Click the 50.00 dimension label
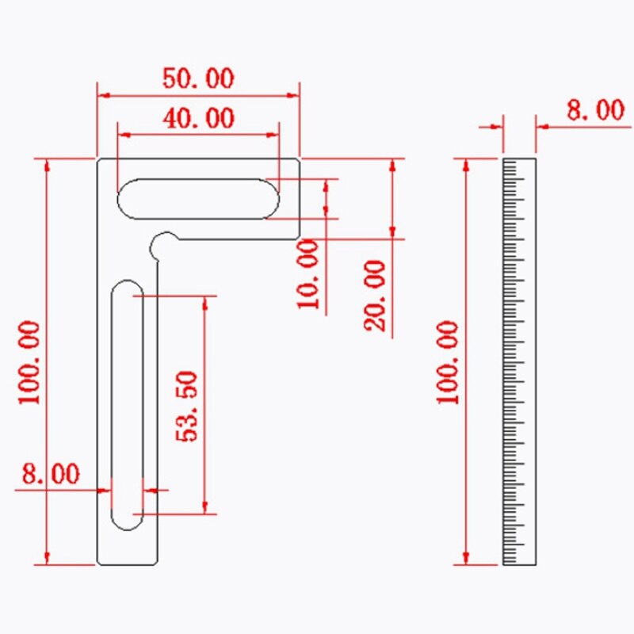(x=198, y=78)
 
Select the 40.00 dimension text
(x=198, y=119)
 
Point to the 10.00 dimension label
(x=310, y=274)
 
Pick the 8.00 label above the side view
(x=595, y=110)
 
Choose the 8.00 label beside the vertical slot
(x=51, y=475)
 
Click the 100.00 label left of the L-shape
(x=30, y=363)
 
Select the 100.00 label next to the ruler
(x=449, y=363)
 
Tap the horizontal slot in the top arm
(x=198, y=198)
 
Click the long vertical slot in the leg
(x=127, y=404)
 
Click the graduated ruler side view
(x=520, y=361)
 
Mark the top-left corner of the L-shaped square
(x=98, y=159)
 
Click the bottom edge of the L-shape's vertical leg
(x=128, y=564)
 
